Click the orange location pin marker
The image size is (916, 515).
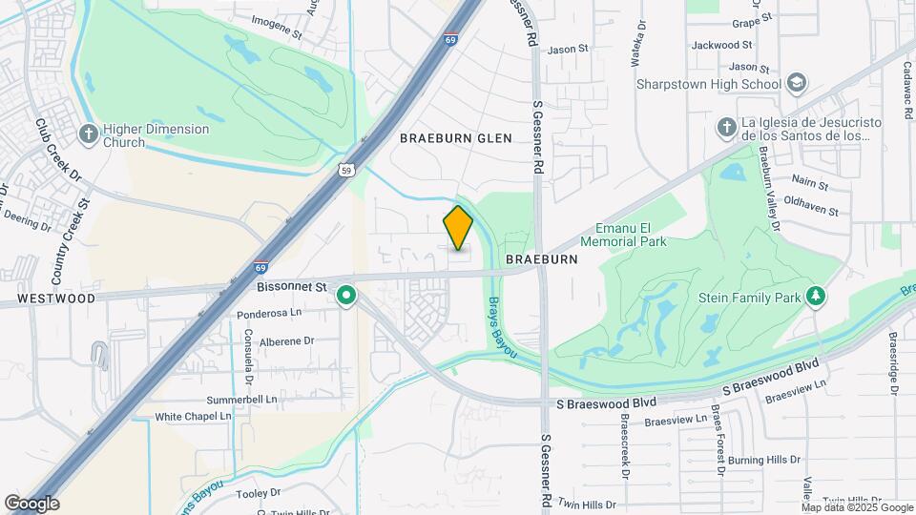(458, 227)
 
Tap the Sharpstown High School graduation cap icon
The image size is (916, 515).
(794, 84)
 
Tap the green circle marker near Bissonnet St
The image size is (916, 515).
(346, 298)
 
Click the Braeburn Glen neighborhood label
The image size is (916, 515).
(455, 138)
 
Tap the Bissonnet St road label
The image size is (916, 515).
(292, 285)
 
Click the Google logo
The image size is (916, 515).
(31, 504)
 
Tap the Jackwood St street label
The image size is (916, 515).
(721, 45)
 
